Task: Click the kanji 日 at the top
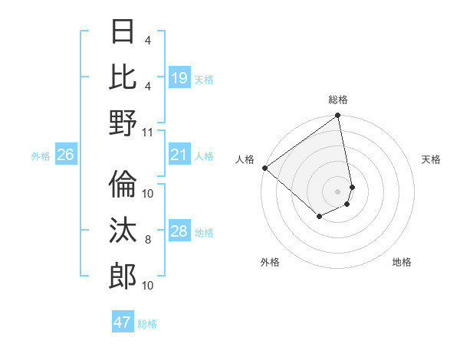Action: pyautogui.click(x=123, y=31)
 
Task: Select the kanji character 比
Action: pyautogui.click(x=123, y=77)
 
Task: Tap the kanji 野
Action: pyautogui.click(x=123, y=123)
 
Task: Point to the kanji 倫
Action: pyautogui.click(x=123, y=185)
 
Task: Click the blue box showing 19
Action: pyautogui.click(x=179, y=77)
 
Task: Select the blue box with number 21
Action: pyautogui.click(x=179, y=155)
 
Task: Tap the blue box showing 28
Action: pyautogui.click(x=179, y=231)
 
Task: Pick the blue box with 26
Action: pyautogui.click(x=65, y=155)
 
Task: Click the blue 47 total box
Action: pyautogui.click(x=123, y=322)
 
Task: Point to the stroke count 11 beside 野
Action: pyautogui.click(x=148, y=133)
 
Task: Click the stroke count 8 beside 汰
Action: pyautogui.click(x=148, y=240)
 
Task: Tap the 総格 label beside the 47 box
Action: pyautogui.click(x=148, y=324)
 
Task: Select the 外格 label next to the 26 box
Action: pyautogui.click(x=41, y=155)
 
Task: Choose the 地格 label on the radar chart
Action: pyautogui.click(x=402, y=262)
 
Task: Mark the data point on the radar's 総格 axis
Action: pyautogui.click(x=337, y=116)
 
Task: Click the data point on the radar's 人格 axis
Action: pyautogui.click(x=264, y=168)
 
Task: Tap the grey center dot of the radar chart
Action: pyautogui.click(x=337, y=191)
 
